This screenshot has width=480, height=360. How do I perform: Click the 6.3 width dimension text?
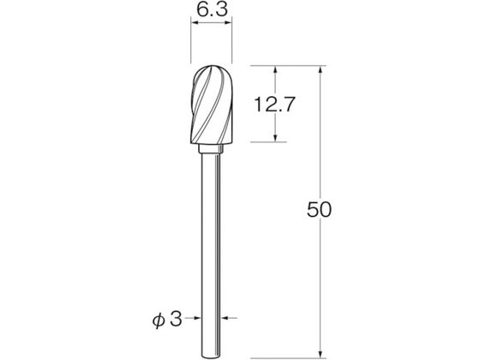tap(212, 9)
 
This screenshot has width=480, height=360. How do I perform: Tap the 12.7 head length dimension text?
tap(274, 104)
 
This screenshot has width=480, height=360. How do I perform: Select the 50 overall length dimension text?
tap(319, 210)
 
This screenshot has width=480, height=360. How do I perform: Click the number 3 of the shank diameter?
tap(176, 319)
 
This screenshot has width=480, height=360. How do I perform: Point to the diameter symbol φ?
tap(159, 320)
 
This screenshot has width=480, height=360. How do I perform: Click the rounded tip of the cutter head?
tap(213, 67)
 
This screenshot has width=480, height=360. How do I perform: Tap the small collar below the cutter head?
tap(210, 149)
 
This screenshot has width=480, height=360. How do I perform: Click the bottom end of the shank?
tap(211, 357)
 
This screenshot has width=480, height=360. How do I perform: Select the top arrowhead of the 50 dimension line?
tap(321, 70)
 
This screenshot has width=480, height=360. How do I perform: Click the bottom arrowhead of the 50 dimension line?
tap(321, 353)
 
